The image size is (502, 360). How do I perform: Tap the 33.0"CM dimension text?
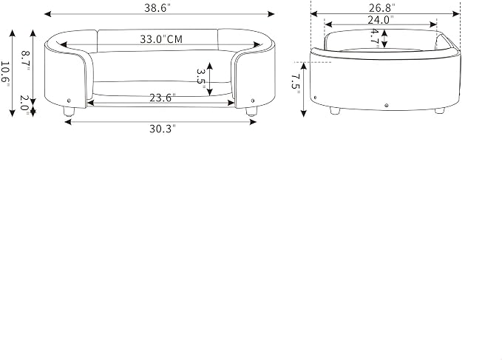tap(161, 39)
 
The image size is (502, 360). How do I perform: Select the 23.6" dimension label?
tap(163, 98)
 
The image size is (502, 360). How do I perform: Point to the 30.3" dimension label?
tap(163, 129)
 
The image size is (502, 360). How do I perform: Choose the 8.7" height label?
tap(26, 61)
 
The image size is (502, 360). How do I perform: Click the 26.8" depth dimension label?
tap(382, 7)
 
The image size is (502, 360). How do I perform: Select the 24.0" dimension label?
tap(380, 20)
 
